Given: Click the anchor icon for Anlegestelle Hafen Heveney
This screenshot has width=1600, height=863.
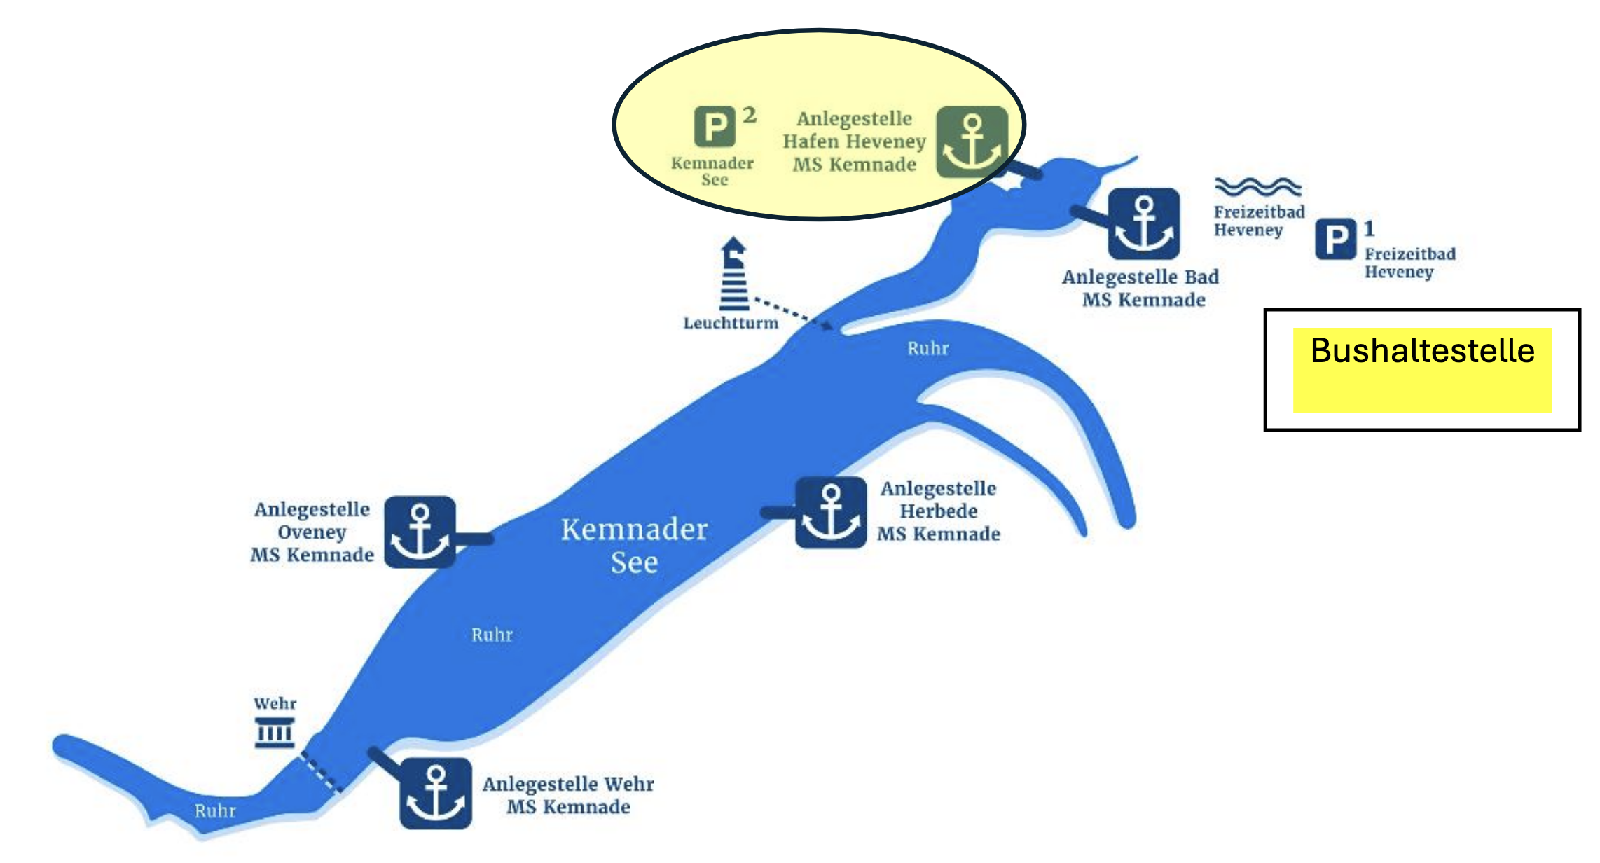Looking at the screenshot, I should click(972, 142).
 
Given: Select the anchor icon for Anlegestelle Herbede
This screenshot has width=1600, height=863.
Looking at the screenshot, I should click(831, 512).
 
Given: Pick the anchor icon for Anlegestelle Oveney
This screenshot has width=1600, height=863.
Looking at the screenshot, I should click(420, 532).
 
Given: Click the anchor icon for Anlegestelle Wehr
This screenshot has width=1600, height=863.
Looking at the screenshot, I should click(436, 793).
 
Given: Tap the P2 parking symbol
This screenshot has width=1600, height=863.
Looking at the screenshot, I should click(715, 127).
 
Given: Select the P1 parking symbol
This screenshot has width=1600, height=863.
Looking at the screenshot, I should click(1335, 240).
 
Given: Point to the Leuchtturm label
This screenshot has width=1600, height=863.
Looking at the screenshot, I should click(731, 323).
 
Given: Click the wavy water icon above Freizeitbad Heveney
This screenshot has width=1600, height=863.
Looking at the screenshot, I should click(1257, 186).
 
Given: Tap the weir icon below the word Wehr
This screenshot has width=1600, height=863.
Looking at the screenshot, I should click(274, 733).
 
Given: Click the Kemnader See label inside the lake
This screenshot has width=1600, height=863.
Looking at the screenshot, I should click(634, 545).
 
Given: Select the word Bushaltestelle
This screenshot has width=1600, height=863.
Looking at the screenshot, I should click(1422, 351).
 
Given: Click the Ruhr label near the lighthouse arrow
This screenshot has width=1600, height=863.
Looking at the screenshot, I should click(927, 348).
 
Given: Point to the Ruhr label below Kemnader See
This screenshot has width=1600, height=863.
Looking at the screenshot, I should click(492, 635).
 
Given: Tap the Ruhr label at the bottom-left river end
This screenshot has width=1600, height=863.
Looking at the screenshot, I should click(215, 810).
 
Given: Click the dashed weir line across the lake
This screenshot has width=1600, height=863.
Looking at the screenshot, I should click(322, 773).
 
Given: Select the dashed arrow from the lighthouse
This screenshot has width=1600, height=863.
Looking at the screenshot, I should click(792, 312).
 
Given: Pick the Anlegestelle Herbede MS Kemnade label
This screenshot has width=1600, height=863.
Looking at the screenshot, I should click(939, 511).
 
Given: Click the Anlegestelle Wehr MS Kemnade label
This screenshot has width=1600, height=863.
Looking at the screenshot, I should click(568, 795).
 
